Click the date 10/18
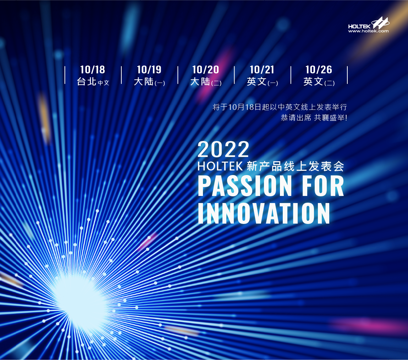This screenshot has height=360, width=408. pyautogui.click(x=92, y=70)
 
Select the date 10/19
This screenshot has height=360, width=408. pyautogui.click(x=149, y=70)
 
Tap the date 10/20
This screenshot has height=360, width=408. pyautogui.click(x=205, y=70)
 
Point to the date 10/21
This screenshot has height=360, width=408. pyautogui.click(x=262, y=70)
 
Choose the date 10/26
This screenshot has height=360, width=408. pyautogui.click(x=319, y=70)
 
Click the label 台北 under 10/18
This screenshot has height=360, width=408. pyautogui.click(x=87, y=81)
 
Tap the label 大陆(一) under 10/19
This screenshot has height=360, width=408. pyautogui.click(x=149, y=82)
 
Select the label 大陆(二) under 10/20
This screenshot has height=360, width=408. pyautogui.click(x=206, y=82)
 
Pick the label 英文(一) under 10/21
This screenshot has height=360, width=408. pyautogui.click(x=262, y=82)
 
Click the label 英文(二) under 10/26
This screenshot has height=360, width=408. pyautogui.click(x=319, y=82)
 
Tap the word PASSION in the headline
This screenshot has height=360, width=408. pyautogui.click(x=245, y=186)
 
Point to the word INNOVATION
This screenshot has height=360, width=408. pyautogui.click(x=264, y=213)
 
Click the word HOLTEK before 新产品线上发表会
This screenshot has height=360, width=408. pyautogui.click(x=220, y=166)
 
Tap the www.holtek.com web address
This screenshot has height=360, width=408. pyautogui.click(x=369, y=31)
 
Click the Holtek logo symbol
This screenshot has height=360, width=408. pyautogui.click(x=380, y=23)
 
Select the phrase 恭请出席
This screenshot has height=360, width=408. pyautogui.click(x=296, y=118)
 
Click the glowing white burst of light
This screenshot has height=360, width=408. pyautogui.click(x=81, y=302)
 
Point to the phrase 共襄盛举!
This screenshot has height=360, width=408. pyautogui.click(x=330, y=118)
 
